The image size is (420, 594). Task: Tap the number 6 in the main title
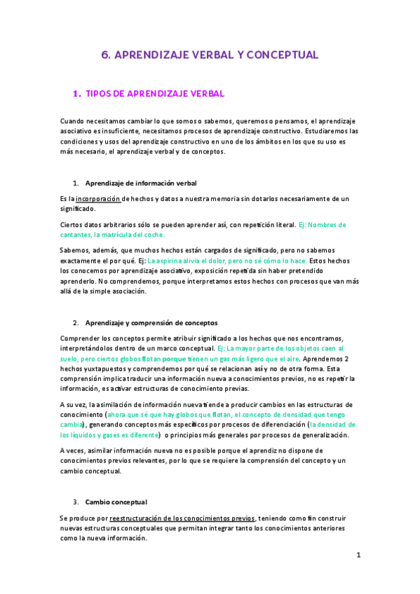(x=105, y=54)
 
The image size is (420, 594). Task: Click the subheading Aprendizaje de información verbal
(x=140, y=183)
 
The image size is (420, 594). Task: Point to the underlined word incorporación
(x=98, y=199)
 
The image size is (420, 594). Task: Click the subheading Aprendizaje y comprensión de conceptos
(x=151, y=323)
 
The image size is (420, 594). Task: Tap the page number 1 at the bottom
(x=358, y=555)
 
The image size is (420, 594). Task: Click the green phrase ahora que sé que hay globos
(x=149, y=415)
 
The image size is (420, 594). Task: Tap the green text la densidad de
(x=333, y=424)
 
